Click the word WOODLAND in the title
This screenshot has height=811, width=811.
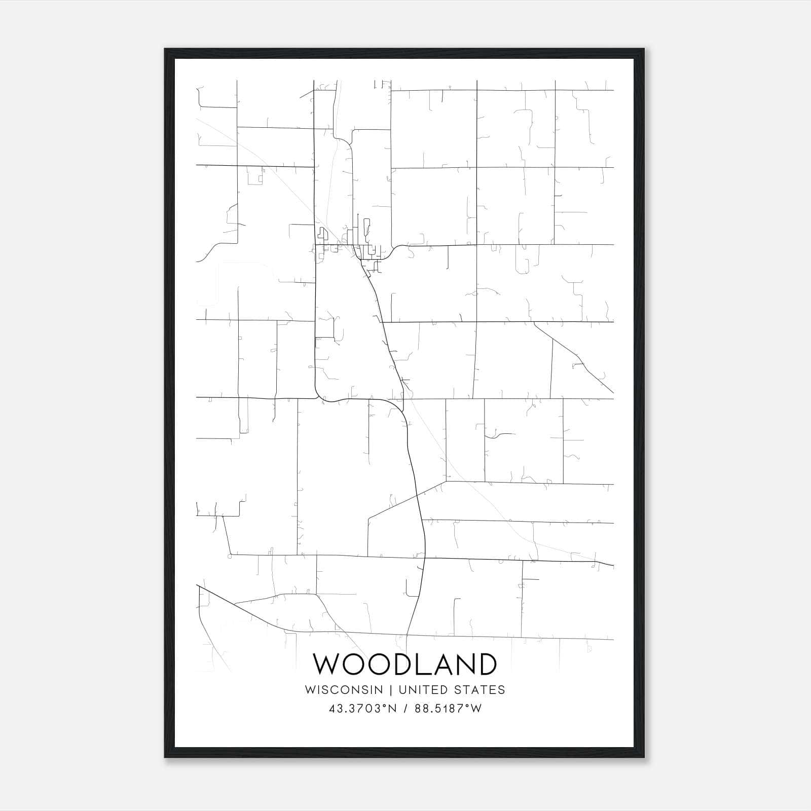point(404,664)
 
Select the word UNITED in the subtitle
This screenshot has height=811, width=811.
point(424,689)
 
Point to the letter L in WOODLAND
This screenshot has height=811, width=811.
point(420,664)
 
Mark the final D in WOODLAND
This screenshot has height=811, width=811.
point(486,664)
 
